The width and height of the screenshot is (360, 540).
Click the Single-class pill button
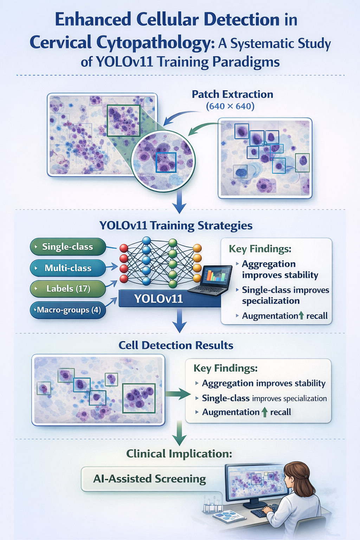[x=68, y=247]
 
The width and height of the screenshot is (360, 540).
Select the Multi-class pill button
[x=68, y=268]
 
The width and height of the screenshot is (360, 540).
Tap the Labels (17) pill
[x=68, y=289]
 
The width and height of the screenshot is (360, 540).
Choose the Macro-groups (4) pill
[x=68, y=310]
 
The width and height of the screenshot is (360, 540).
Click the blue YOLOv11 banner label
[x=158, y=299]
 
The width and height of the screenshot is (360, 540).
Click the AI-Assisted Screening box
[x=149, y=479]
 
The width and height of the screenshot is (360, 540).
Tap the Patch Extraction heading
[x=232, y=94]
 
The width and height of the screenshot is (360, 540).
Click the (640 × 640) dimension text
[x=230, y=106]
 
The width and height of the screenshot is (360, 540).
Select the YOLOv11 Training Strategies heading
[x=176, y=225]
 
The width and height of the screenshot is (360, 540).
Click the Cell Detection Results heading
[x=176, y=345]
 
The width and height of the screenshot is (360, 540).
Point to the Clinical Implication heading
[x=179, y=454]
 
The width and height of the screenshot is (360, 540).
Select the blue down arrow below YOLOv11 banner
[x=179, y=321]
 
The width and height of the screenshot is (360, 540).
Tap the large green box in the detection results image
[x=139, y=398]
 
